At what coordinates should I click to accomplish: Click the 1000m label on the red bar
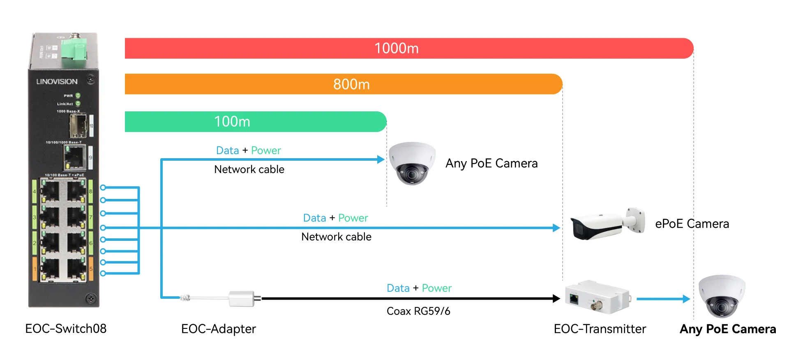(x=396, y=48)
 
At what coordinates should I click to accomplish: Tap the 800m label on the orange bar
(x=351, y=84)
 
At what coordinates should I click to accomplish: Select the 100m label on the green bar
(x=232, y=122)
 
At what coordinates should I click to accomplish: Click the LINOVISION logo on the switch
(x=57, y=81)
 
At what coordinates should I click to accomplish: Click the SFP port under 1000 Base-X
(x=77, y=125)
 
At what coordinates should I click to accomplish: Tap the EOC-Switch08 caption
(x=66, y=329)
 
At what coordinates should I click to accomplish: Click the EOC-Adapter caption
(x=218, y=329)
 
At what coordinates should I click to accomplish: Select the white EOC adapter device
(x=242, y=299)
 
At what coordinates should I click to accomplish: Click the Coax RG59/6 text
(x=418, y=311)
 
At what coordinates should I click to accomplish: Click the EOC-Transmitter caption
(x=600, y=329)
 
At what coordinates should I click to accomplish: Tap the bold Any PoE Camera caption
(x=728, y=329)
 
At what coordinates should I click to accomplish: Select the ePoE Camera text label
(x=692, y=224)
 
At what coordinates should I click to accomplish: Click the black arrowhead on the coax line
(x=556, y=299)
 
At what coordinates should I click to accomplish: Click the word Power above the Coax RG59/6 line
(x=436, y=288)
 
